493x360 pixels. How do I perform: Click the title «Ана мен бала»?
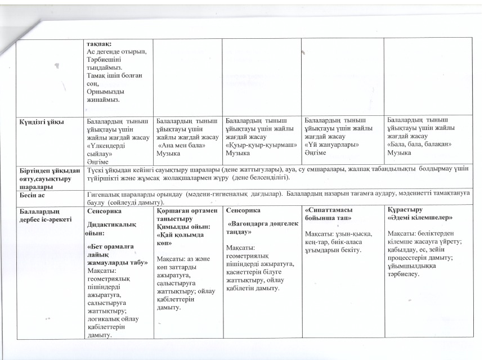[179, 146]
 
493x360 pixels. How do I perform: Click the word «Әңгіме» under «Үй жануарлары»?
[315, 152]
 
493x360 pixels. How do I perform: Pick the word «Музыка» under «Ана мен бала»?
[168, 153]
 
